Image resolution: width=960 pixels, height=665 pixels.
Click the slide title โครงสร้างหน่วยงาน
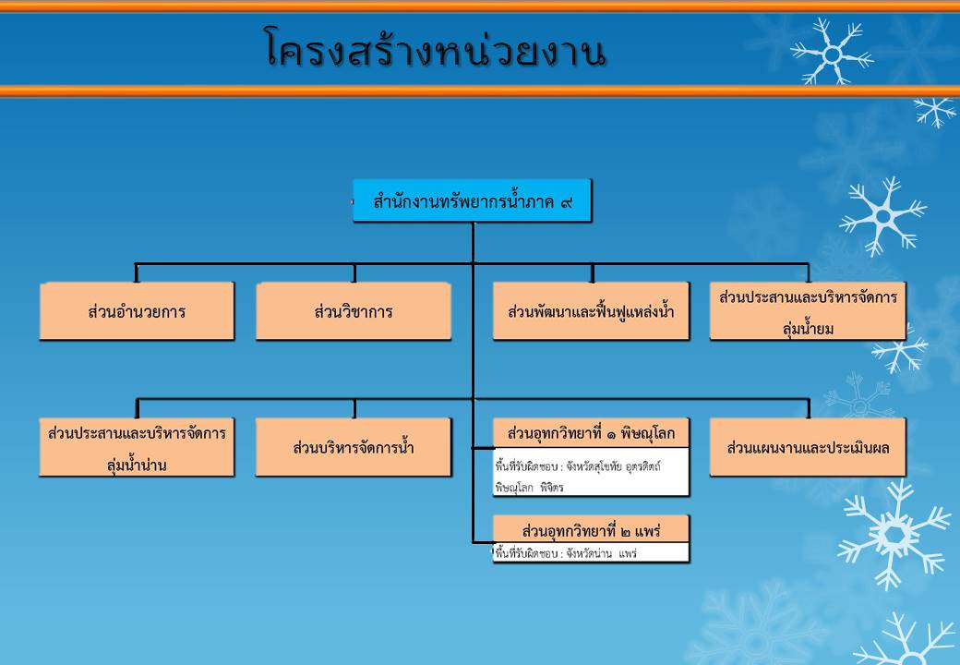(x=436, y=48)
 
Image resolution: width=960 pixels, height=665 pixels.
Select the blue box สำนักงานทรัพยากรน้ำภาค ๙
(x=472, y=200)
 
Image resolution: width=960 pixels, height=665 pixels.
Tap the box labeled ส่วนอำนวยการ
(x=137, y=311)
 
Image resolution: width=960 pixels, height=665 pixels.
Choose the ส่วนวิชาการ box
(x=354, y=311)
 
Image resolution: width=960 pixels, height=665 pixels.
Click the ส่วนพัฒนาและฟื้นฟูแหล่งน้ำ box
(x=591, y=311)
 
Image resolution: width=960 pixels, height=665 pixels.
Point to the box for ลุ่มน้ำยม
(x=808, y=311)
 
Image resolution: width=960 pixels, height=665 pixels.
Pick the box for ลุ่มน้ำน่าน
(x=137, y=447)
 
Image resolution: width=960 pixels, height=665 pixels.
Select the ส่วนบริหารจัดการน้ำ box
(x=354, y=447)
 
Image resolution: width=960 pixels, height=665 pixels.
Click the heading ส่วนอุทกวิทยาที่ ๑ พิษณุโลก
(x=591, y=433)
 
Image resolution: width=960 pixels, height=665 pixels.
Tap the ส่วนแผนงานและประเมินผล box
(x=808, y=447)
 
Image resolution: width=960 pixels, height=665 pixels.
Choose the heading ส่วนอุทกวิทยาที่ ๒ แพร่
(x=591, y=529)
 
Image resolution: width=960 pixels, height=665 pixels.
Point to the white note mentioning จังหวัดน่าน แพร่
(x=591, y=552)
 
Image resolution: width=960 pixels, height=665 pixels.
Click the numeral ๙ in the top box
(x=567, y=201)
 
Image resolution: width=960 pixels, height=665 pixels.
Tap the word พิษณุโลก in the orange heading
(x=648, y=433)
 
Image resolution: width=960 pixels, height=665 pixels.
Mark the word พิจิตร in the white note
(x=552, y=488)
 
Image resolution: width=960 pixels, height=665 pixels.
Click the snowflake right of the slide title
(x=832, y=52)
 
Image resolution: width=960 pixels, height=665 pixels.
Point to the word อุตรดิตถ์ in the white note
(x=643, y=466)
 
